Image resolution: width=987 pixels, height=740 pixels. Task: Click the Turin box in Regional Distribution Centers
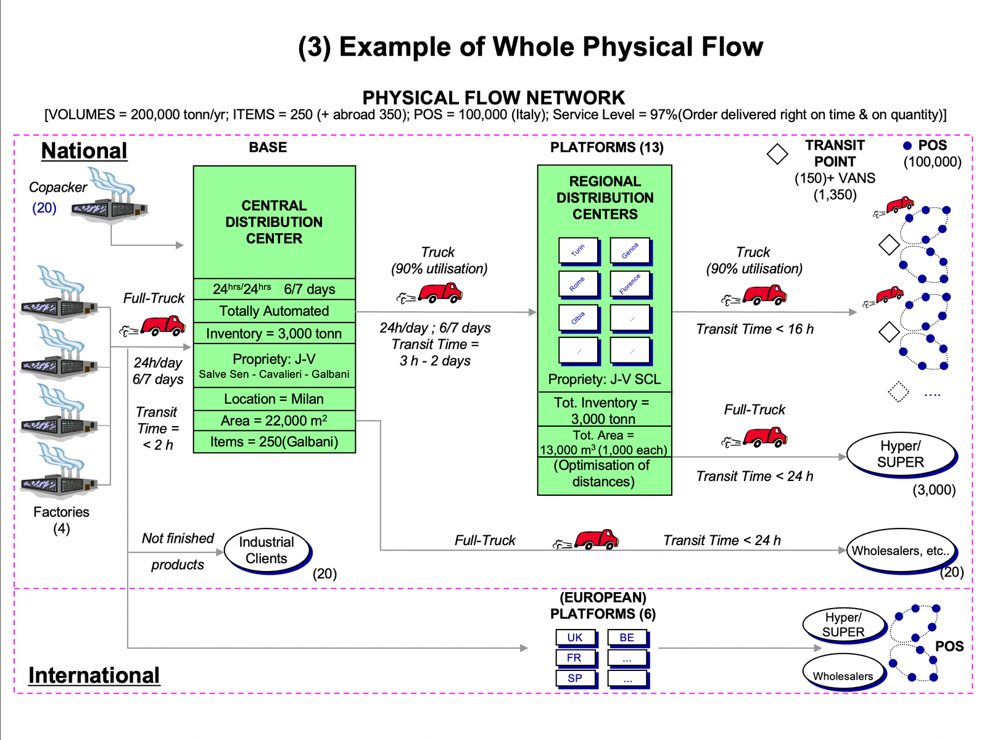[x=578, y=250]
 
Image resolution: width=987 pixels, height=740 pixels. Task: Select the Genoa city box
[x=630, y=250]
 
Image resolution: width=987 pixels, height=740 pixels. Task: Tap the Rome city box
[x=578, y=284]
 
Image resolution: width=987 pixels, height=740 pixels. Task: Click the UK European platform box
[x=575, y=638]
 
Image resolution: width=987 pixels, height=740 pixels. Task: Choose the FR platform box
[x=574, y=658]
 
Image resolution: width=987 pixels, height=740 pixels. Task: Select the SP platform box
[x=575, y=678]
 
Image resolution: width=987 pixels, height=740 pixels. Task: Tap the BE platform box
[x=627, y=638]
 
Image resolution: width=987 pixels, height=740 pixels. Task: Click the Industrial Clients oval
[x=266, y=550]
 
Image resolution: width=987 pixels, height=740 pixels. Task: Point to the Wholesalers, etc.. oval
[x=901, y=551]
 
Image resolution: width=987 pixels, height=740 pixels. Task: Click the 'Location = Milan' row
[x=274, y=399]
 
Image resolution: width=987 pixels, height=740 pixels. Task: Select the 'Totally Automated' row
[x=274, y=311]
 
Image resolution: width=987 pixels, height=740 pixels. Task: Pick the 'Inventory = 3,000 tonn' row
[x=274, y=334]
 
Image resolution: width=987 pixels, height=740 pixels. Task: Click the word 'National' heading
[x=84, y=151]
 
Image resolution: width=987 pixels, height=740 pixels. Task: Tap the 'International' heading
[x=94, y=675]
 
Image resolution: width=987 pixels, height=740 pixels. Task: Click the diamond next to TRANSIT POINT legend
[x=777, y=154]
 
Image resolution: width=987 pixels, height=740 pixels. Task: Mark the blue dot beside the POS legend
[x=907, y=146]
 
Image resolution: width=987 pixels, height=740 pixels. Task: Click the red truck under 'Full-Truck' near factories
[x=162, y=325]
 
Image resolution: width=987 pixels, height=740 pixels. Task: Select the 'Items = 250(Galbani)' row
[x=274, y=442]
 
